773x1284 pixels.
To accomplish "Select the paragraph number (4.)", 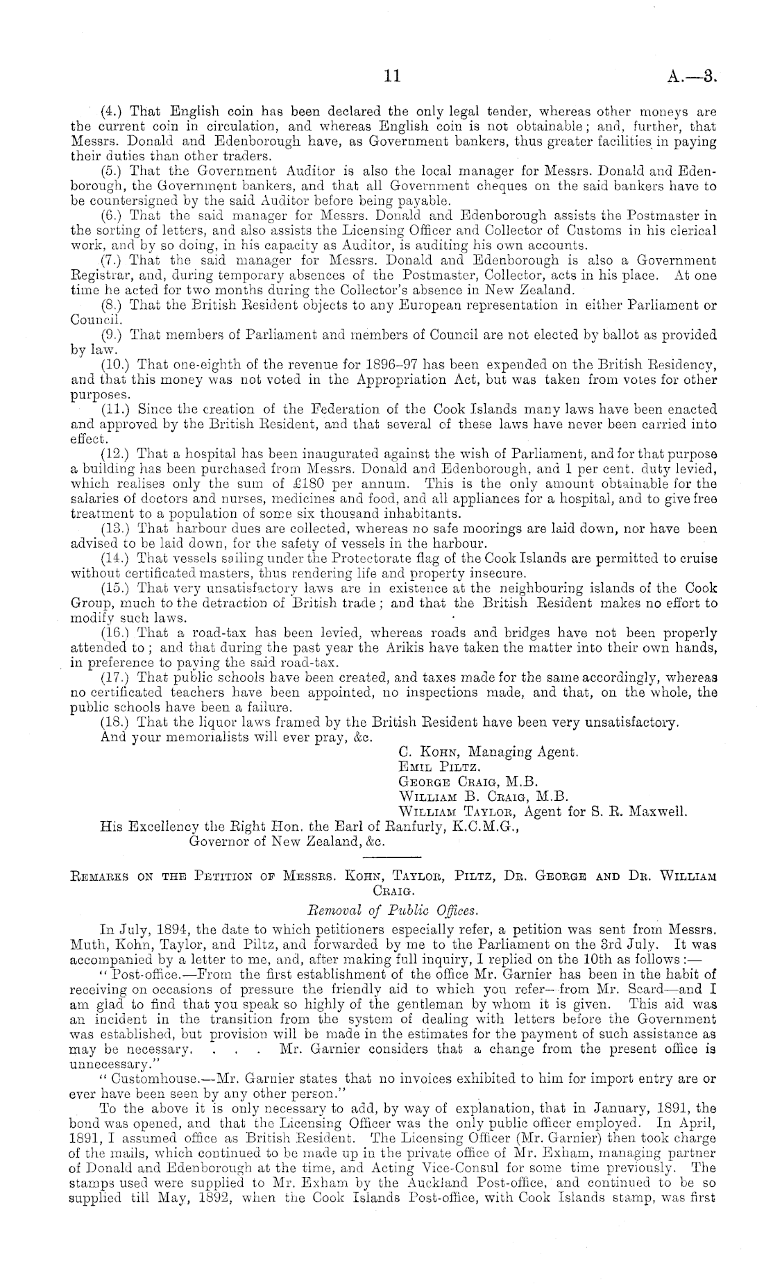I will (111, 111).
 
